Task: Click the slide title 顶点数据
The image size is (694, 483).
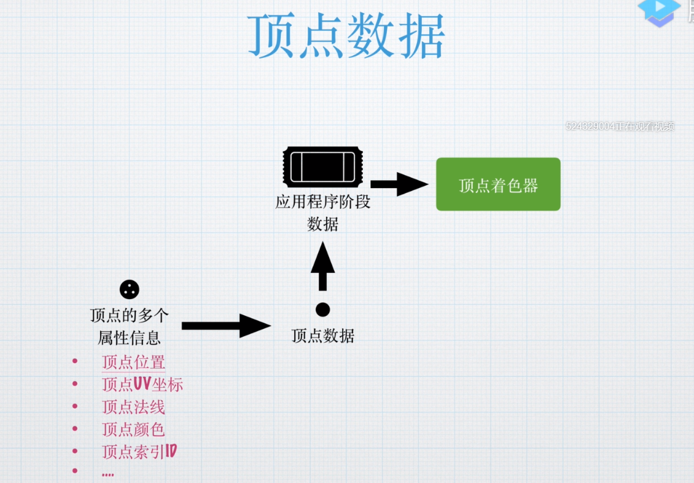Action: click(x=346, y=37)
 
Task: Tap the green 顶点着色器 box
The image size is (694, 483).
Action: click(x=498, y=184)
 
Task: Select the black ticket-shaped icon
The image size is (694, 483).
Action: click(x=322, y=167)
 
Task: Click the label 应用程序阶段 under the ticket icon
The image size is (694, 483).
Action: click(x=322, y=202)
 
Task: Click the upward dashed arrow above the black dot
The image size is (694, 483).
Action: click(x=322, y=265)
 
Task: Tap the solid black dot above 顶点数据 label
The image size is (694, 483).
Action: click(x=322, y=310)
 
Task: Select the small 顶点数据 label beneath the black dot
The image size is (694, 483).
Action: click(x=322, y=336)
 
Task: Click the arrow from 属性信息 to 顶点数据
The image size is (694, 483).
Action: click(x=225, y=326)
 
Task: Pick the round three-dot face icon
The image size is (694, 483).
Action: click(x=129, y=289)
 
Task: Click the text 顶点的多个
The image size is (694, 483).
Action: click(x=129, y=316)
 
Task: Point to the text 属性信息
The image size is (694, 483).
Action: click(x=129, y=337)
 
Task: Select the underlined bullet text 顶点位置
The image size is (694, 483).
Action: click(x=133, y=362)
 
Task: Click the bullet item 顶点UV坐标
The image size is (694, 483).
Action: click(x=142, y=385)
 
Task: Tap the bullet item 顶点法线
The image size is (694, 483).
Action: click(x=133, y=407)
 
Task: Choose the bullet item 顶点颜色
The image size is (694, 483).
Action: click(x=133, y=429)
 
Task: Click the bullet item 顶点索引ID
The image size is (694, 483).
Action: click(x=139, y=452)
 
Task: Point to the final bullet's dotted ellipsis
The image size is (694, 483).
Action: click(x=107, y=473)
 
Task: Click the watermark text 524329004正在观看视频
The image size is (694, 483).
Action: click(x=620, y=127)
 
